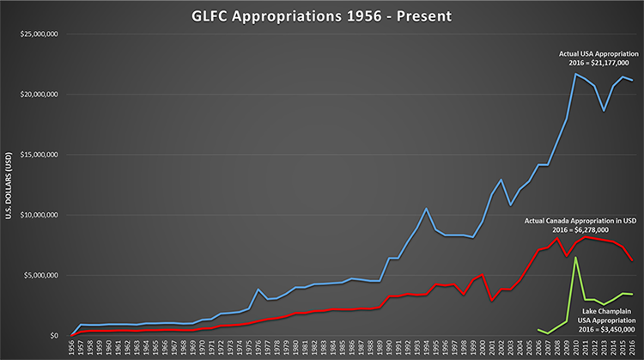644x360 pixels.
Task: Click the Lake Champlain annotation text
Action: pos(605,306)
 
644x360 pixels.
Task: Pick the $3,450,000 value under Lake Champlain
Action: pos(605,326)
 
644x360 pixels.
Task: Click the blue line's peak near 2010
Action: pos(576,74)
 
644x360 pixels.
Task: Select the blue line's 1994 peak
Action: pos(427,209)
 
